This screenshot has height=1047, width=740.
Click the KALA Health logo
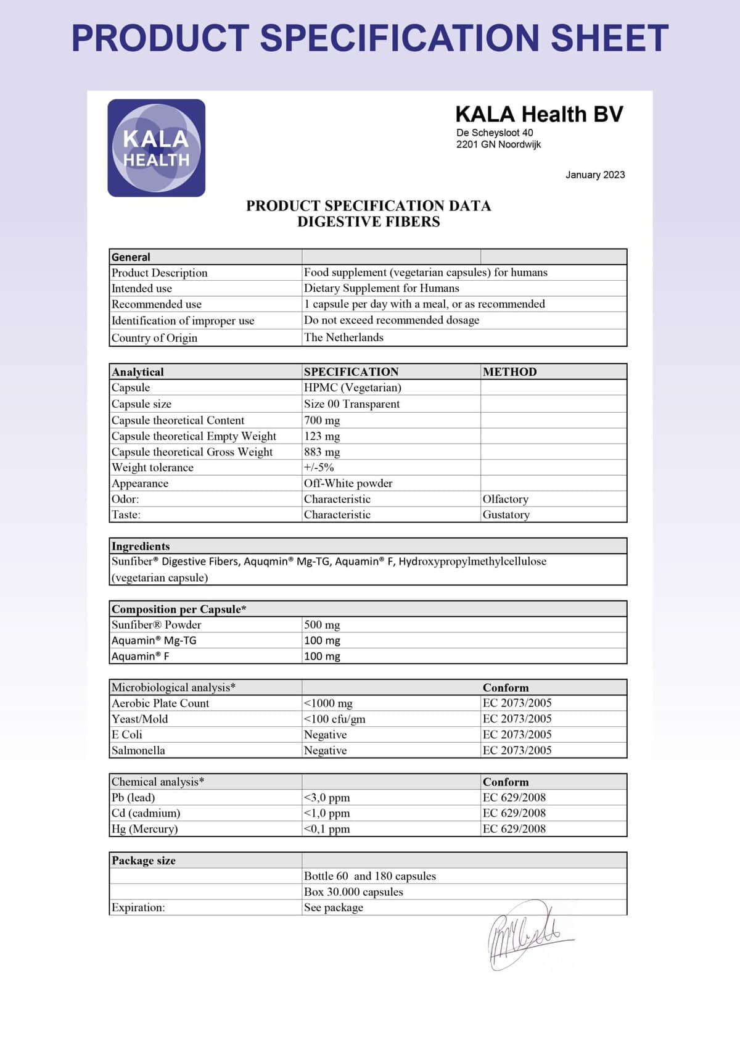pos(156,148)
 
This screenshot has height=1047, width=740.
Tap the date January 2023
pos(594,175)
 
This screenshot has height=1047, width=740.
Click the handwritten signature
pos(528,934)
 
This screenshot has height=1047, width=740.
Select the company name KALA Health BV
pos(539,114)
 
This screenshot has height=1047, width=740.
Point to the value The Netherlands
pos(343,337)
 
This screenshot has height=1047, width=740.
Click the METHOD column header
pos(509,371)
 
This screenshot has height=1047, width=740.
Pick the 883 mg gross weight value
pos(322,452)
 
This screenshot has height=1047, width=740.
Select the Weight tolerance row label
pos(152,468)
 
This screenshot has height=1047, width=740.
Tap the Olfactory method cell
pos(505,499)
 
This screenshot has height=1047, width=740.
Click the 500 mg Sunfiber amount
pos(322,624)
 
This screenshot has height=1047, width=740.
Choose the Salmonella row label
pos(138,750)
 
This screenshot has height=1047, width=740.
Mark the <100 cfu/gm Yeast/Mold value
pos(334,719)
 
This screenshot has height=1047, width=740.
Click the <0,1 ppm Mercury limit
pos(326,829)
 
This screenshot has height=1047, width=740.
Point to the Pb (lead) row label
pos(133,797)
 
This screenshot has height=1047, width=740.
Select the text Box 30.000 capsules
pos(353,892)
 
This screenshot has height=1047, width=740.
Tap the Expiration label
pos(138,908)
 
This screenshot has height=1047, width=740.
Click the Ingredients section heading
pos(141,546)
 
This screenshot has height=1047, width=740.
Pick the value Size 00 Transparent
pos(351,403)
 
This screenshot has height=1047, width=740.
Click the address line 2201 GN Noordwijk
pos(498,144)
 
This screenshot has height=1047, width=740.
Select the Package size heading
pos(144,860)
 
